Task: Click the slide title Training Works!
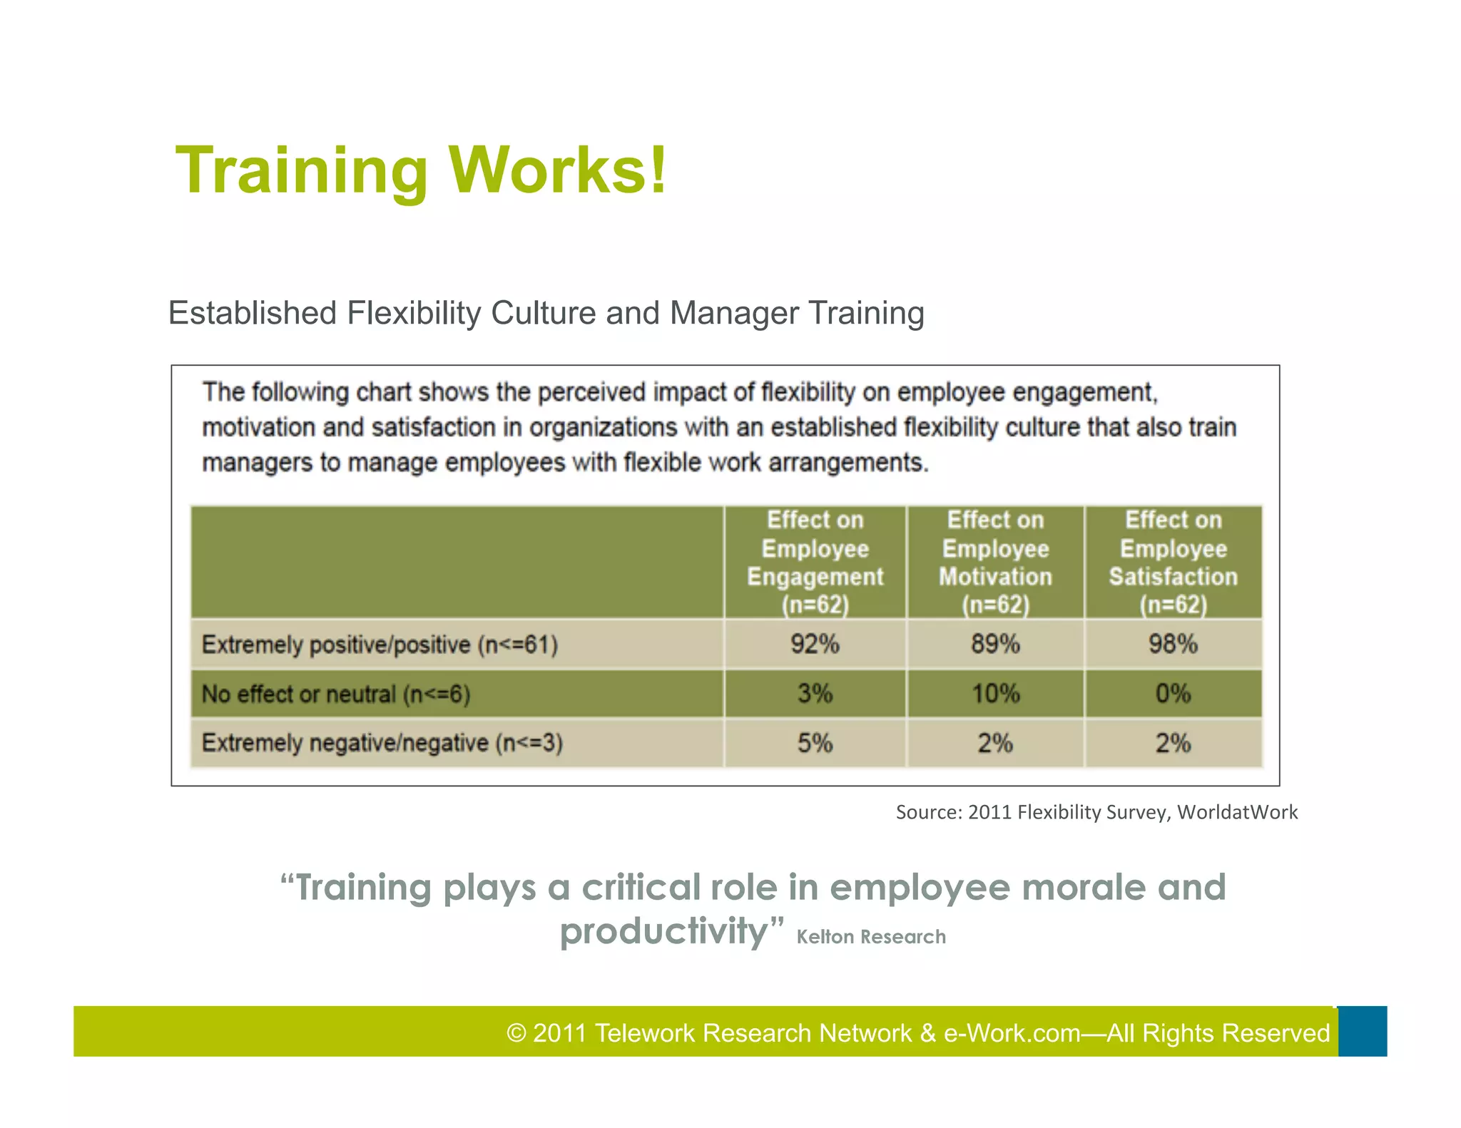(421, 170)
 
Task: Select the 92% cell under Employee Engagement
(815, 644)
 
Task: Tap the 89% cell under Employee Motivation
(995, 644)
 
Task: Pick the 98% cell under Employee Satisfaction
(1173, 644)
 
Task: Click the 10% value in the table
(995, 693)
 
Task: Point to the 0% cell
(1173, 693)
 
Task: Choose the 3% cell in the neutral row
(815, 693)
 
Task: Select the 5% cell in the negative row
(815, 743)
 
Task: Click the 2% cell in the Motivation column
(995, 743)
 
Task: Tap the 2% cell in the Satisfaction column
(1173, 743)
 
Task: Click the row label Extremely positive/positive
(380, 645)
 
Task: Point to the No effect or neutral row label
(335, 694)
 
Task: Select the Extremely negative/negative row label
(382, 743)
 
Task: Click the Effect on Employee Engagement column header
(815, 562)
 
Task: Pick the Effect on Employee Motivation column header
(995, 562)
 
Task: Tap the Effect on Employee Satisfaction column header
(1173, 562)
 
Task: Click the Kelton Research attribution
(871, 936)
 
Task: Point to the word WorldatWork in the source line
(1237, 812)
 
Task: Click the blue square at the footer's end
(1362, 1031)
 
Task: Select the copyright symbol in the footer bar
(516, 1033)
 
